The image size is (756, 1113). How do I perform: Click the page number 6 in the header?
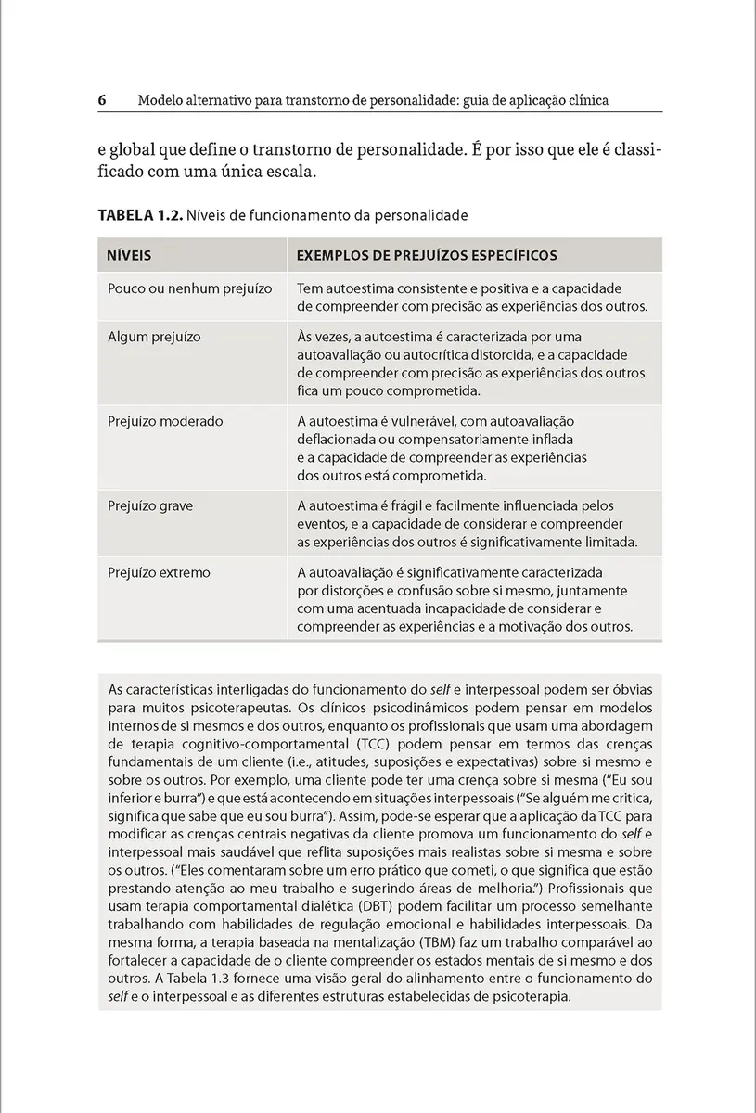pos(102,99)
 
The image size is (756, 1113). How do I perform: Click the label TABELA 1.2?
pos(140,215)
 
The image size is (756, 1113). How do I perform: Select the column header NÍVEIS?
pos(130,254)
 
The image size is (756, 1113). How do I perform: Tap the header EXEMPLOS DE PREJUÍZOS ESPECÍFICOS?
pos(427,254)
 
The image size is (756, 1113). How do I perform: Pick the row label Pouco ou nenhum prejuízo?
pos(190,288)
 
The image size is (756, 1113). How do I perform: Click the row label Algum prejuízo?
pos(154,337)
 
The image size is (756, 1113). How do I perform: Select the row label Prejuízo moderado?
pos(165,421)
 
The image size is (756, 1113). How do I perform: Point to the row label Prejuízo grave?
pos(150,505)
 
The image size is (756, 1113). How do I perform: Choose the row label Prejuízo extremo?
pos(160,572)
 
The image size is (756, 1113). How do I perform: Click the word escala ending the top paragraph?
pos(289,173)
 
